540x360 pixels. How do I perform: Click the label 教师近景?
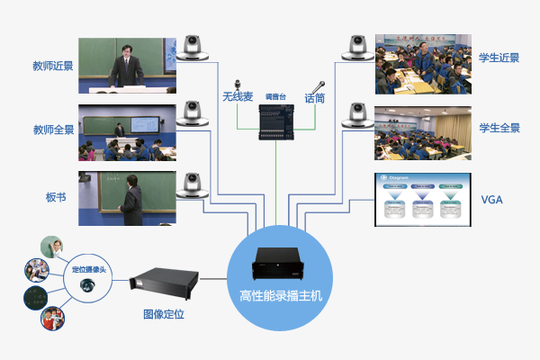click(x=52, y=66)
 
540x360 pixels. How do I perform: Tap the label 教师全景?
click(x=52, y=129)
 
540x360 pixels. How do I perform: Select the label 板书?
click(x=56, y=196)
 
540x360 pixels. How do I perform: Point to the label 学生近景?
click(x=499, y=58)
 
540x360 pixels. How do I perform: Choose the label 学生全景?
click(x=499, y=128)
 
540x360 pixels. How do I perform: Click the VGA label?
click(x=492, y=199)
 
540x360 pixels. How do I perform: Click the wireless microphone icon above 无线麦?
click(x=238, y=80)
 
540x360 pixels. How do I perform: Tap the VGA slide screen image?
click(x=422, y=198)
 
